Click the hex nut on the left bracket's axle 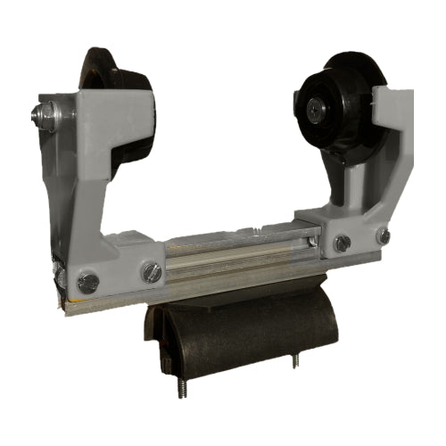point(42,113)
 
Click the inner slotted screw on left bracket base point(153,272)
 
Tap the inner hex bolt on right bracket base point(341,243)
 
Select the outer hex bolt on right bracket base point(383,236)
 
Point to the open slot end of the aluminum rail point(310,240)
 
